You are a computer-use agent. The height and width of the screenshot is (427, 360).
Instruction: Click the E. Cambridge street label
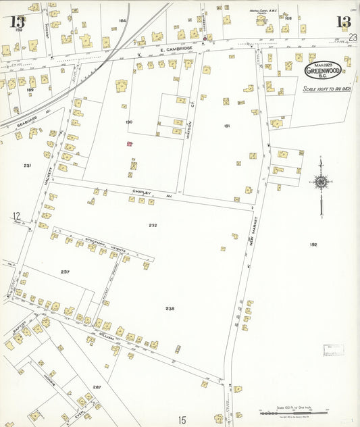(x=176, y=49)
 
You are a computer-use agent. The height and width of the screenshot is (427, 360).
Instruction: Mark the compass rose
(x=320, y=181)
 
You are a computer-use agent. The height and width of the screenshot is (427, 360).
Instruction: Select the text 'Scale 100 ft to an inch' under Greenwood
(x=323, y=89)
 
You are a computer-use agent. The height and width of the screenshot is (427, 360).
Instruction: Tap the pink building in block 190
(x=130, y=143)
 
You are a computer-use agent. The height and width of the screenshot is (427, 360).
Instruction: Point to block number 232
(x=152, y=224)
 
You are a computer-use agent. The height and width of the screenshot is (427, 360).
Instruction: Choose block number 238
(x=170, y=308)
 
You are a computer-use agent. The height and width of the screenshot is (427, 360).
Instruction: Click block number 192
(x=313, y=245)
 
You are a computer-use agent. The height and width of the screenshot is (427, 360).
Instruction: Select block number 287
(x=97, y=387)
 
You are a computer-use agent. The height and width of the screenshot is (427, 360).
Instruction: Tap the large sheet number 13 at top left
(x=18, y=22)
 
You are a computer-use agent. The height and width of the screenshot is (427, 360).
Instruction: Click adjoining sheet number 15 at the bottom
(x=182, y=420)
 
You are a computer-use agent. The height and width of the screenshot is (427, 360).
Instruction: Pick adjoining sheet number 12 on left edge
(x=16, y=216)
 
